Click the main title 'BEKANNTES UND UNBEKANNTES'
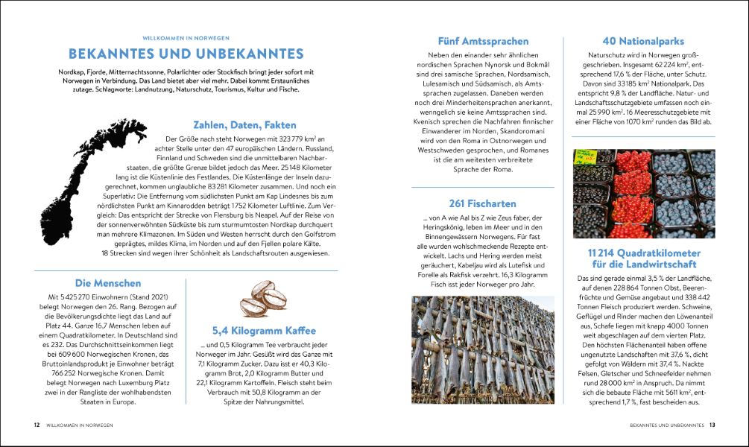[x=186, y=54]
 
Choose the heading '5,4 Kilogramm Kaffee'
[x=264, y=330]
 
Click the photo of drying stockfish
[x=482, y=350]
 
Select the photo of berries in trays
[x=643, y=194]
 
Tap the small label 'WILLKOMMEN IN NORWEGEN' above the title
[x=186, y=37]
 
